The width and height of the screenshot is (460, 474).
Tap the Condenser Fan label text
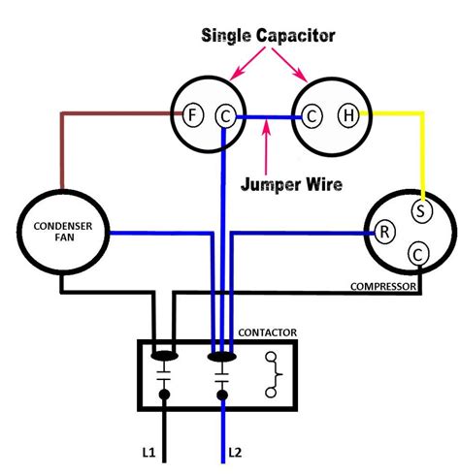[x=61, y=234]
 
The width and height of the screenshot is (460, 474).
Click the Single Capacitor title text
[x=268, y=35]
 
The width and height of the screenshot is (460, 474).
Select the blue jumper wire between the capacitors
[x=268, y=116]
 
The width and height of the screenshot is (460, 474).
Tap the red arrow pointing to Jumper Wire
[x=264, y=145]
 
